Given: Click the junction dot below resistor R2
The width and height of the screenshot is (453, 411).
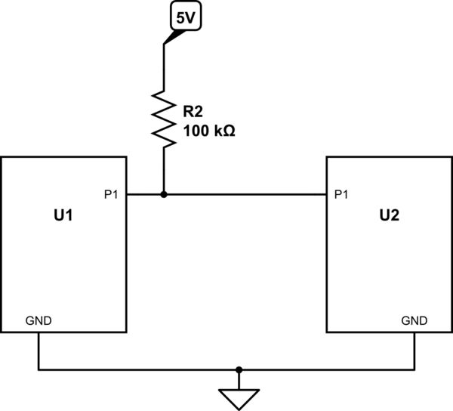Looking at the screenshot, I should pos(164,194).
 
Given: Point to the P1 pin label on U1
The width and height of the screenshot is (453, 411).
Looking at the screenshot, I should pos(111,193).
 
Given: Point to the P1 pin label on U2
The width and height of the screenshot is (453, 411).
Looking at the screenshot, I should pos(341,193).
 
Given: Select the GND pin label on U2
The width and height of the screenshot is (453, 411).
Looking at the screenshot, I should pos(414,320).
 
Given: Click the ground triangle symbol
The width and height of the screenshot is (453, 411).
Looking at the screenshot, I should pos(239,397).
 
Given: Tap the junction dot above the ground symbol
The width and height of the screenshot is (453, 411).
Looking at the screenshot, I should pos(239,370).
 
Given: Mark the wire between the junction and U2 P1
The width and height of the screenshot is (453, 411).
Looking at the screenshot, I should pos(245,194).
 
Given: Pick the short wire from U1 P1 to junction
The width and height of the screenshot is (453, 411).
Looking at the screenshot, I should pos(144,194).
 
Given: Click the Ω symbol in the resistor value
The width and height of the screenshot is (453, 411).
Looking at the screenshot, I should pos(229,131).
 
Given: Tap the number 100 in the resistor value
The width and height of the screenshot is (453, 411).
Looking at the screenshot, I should pos(195,131).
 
